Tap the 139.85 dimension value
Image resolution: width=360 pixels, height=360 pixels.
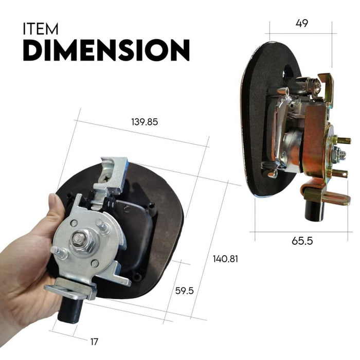[x=145, y=122]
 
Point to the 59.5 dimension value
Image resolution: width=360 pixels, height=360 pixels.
[x=184, y=291]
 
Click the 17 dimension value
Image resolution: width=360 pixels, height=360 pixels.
[x=95, y=340]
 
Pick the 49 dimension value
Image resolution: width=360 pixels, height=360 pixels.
[x=302, y=24]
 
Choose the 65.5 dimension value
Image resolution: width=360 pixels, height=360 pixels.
[x=302, y=241]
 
